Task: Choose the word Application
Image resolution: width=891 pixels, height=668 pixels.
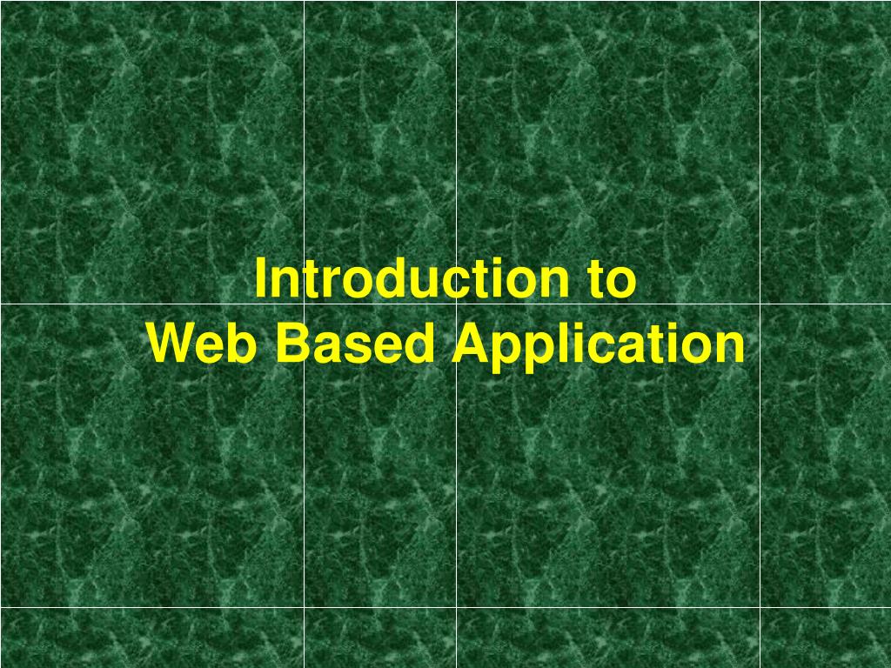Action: (599, 346)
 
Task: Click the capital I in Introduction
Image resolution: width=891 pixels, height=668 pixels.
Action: (260, 279)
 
